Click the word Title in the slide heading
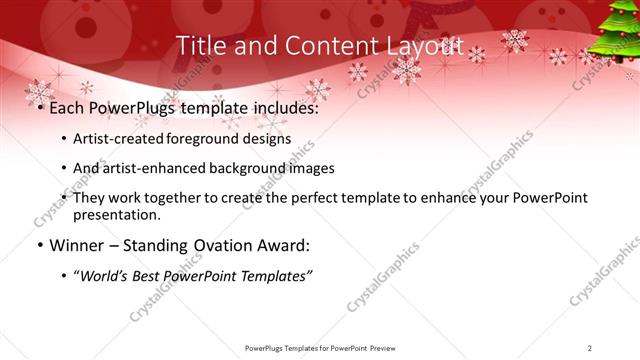pos(200,46)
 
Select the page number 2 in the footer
pos(590,348)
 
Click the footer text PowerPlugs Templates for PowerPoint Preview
pos(320,348)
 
